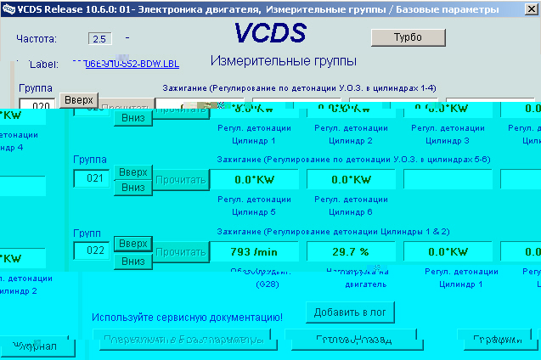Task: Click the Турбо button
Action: pyautogui.click(x=408, y=37)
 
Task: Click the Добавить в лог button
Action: pyautogui.click(x=350, y=312)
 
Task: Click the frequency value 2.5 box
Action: pyautogui.click(x=99, y=39)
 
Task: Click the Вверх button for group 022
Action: pyautogui.click(x=132, y=244)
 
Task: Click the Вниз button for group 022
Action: pyautogui.click(x=132, y=261)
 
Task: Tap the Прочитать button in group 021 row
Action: pyautogui.click(x=181, y=180)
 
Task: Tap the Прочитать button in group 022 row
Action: pyautogui.click(x=181, y=251)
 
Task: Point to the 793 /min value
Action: pyautogui.click(x=253, y=251)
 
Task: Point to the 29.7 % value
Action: pyautogui.click(x=351, y=251)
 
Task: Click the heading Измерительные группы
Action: pyautogui.click(x=283, y=61)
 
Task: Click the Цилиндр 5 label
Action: pyautogui.click(x=254, y=211)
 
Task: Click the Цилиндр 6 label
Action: pyautogui.click(x=351, y=211)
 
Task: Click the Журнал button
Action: pyautogui.click(x=34, y=346)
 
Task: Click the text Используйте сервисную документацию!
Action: pyautogui.click(x=187, y=317)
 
